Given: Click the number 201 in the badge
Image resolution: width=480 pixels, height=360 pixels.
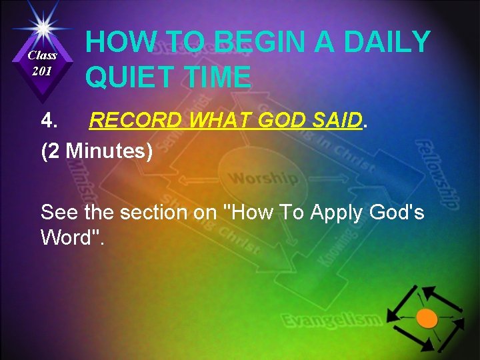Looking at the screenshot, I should [42, 71].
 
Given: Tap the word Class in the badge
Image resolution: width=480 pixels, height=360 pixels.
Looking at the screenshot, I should [42, 55].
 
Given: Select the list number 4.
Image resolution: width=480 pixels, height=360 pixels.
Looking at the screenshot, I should [50, 121].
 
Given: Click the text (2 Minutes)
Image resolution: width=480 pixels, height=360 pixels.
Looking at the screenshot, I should [97, 151].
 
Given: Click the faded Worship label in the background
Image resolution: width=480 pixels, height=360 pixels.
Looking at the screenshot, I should [263, 178].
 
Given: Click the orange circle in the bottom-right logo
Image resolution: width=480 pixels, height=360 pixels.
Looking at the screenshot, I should [427, 318].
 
